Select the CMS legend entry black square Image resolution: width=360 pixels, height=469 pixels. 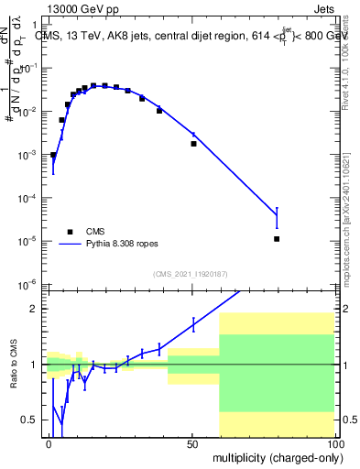click(69, 232)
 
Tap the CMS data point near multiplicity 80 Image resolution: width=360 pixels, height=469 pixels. click(277, 239)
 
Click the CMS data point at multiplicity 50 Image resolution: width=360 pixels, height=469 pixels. click(193, 144)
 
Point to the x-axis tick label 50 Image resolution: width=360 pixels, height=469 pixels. click(193, 443)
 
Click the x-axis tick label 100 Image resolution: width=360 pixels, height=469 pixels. click(334, 443)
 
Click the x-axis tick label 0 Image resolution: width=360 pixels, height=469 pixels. click(49, 443)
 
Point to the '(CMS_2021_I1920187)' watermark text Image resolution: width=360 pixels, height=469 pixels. click(190, 273)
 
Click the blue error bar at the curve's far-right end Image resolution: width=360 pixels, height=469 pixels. click(277, 217)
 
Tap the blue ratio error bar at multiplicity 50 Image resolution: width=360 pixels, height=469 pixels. click(193, 323)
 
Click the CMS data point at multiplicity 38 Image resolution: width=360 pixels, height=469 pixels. click(159, 111)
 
